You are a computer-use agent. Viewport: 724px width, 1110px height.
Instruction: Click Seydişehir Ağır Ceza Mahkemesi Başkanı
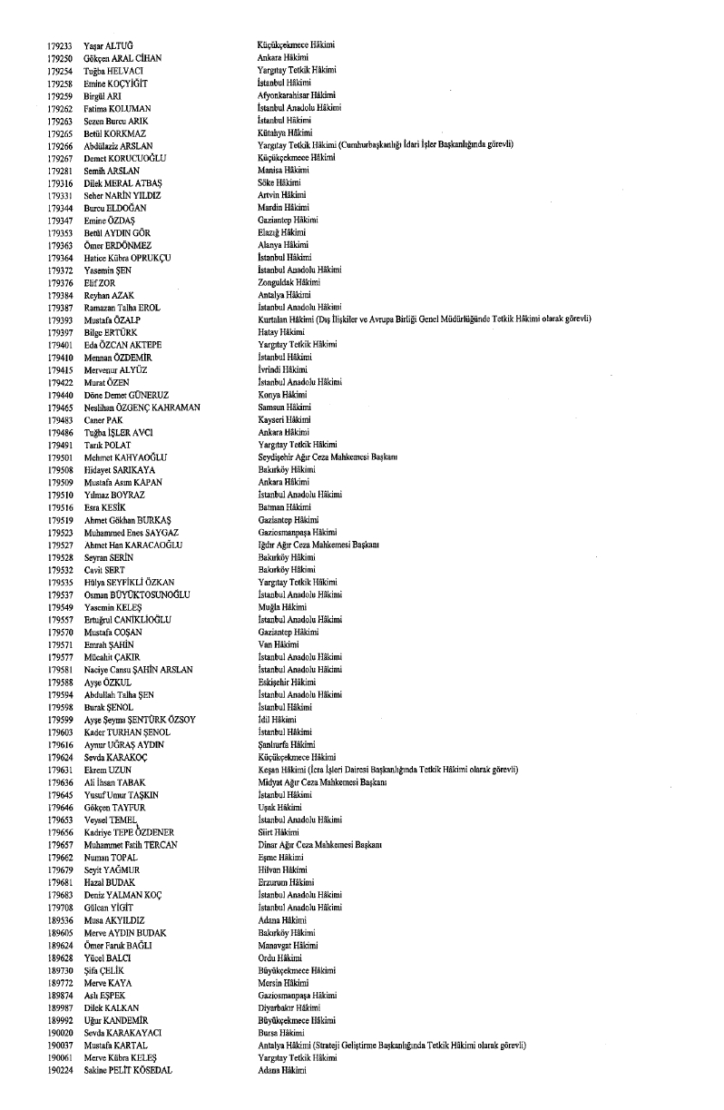(328, 457)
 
